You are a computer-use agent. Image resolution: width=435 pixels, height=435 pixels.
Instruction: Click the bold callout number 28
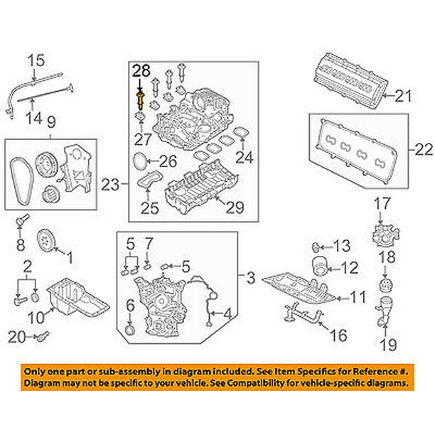141,70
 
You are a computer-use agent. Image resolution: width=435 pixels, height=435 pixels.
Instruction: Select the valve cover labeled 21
351,78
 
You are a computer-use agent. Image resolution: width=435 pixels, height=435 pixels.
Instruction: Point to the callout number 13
342,246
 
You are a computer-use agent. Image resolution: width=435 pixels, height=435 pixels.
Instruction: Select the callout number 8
20,247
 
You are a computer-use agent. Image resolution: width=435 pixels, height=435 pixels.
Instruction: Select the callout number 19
387,346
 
